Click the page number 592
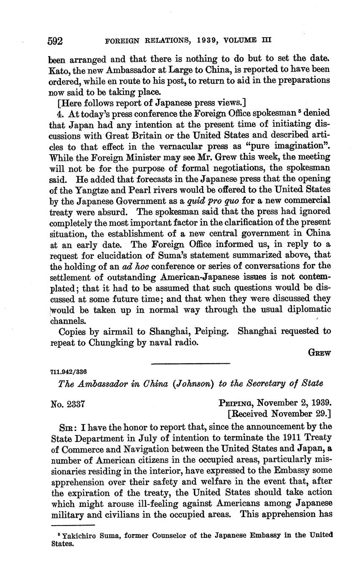coord(55,41)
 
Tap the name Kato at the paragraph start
coord(58,69)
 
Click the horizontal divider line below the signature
coord(190,363)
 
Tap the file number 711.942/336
coord(68,372)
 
